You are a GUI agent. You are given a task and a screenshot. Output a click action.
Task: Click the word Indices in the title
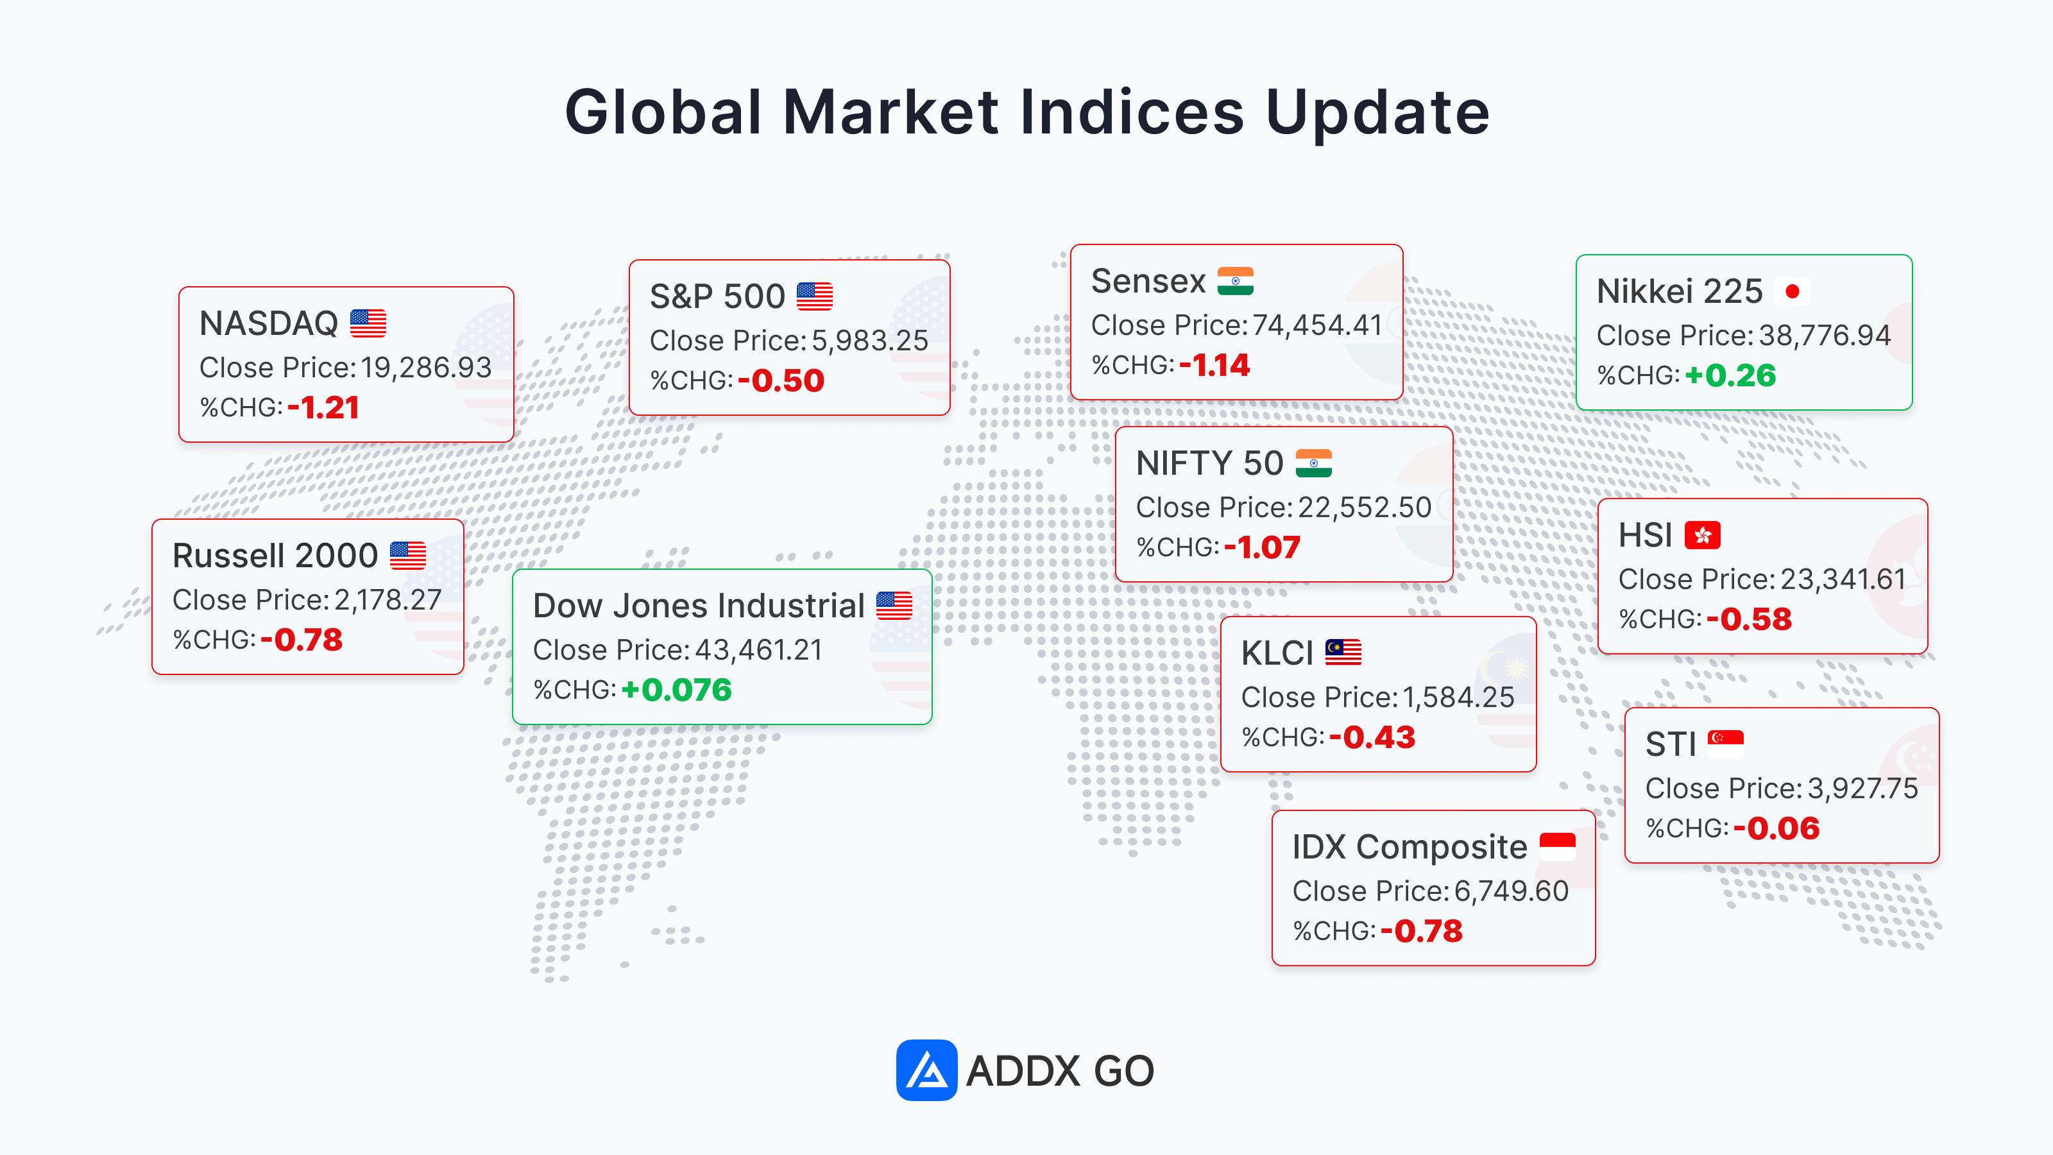click(x=1132, y=112)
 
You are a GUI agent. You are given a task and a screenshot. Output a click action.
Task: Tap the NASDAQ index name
click(x=269, y=323)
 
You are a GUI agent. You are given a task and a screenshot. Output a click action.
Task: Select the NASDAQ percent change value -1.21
click(x=323, y=408)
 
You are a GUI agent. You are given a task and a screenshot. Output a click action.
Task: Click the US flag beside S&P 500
click(x=815, y=296)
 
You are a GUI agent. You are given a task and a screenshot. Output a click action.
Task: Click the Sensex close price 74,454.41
click(x=1316, y=325)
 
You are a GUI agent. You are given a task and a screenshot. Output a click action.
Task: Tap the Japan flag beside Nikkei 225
click(x=1793, y=292)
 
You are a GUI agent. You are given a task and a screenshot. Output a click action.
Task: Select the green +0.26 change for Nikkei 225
click(x=1730, y=375)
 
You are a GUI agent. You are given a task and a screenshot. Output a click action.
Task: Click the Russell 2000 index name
click(x=275, y=556)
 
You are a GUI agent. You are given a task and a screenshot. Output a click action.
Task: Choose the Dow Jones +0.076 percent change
click(x=676, y=690)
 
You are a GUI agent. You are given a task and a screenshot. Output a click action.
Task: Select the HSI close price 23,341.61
click(x=1843, y=579)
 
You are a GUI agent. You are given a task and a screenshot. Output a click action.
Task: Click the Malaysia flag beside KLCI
click(x=1343, y=653)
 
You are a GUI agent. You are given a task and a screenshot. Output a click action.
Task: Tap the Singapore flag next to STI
click(x=1725, y=744)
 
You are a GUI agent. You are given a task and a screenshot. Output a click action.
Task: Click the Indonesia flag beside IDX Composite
click(x=1557, y=846)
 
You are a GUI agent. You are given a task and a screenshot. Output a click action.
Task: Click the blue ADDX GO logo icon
click(x=926, y=1070)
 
